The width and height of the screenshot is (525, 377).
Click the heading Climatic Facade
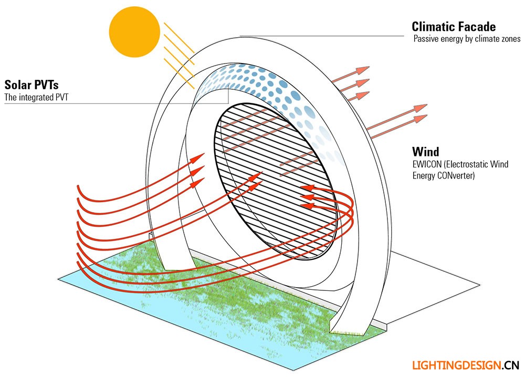[454, 26]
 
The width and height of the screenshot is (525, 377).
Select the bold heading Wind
[425, 152]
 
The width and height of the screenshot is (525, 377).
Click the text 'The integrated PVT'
[36, 97]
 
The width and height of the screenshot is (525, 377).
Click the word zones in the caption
[510, 39]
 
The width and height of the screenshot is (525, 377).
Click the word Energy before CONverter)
[423, 176]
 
